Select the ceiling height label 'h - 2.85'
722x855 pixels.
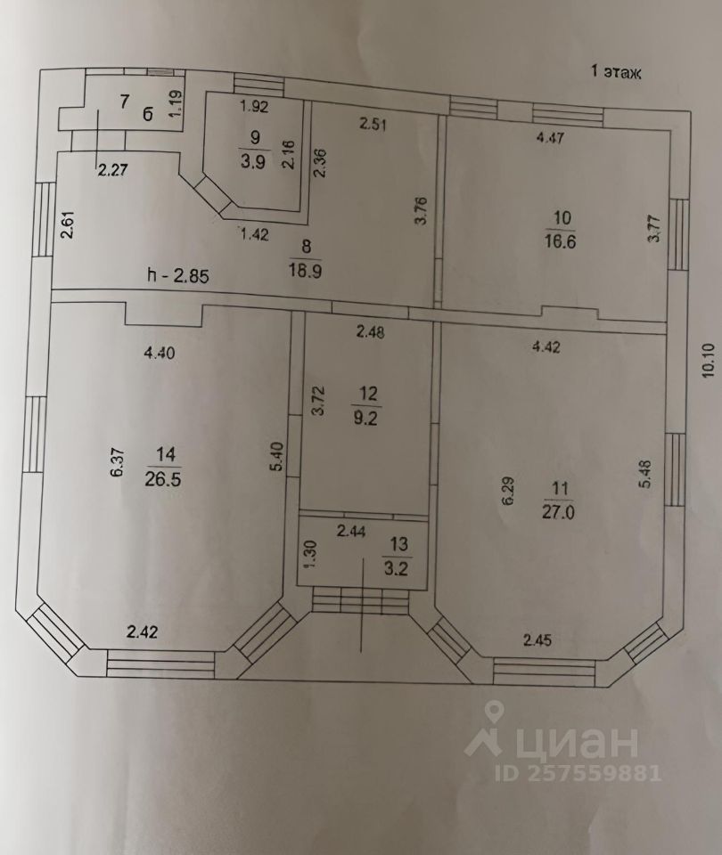coord(178,275)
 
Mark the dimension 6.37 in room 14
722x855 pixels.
coord(115,463)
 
